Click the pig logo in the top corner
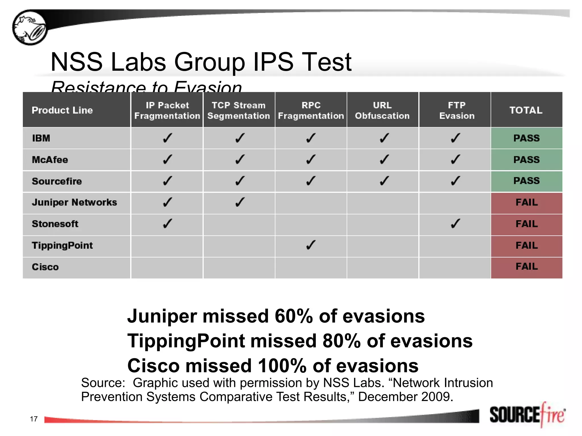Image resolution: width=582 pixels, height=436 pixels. [x=30, y=28]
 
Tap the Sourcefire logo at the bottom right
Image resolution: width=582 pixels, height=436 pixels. [x=527, y=415]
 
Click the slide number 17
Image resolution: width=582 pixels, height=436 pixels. [x=34, y=419]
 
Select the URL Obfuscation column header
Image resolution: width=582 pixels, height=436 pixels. [x=382, y=110]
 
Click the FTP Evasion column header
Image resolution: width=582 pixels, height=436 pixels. [x=457, y=110]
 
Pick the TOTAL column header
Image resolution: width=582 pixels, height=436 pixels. [x=526, y=110]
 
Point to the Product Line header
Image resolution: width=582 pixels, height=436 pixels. [x=62, y=110]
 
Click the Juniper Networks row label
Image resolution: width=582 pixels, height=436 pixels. [x=74, y=202]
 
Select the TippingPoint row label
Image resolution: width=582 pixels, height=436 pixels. [x=62, y=246]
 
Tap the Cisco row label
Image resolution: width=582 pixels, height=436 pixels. [x=45, y=267]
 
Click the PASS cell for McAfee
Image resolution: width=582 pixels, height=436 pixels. [x=526, y=160]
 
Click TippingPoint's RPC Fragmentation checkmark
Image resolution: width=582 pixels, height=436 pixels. [x=311, y=245]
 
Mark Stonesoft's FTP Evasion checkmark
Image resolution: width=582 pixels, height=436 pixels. [x=456, y=224]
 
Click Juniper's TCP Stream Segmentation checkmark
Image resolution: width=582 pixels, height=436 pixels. [x=240, y=202]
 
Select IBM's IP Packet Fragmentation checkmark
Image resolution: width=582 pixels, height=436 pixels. [x=167, y=138]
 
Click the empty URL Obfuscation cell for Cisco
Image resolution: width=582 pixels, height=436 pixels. [x=383, y=268]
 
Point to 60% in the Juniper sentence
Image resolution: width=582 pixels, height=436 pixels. [x=294, y=316]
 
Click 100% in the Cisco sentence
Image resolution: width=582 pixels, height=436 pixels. [x=282, y=366]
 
